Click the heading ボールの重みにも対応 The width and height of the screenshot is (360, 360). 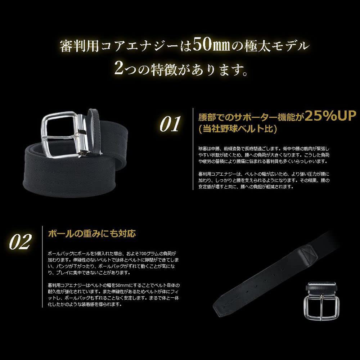[92, 233]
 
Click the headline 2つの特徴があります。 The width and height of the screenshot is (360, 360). [180, 67]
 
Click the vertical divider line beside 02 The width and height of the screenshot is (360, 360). [42, 266]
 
